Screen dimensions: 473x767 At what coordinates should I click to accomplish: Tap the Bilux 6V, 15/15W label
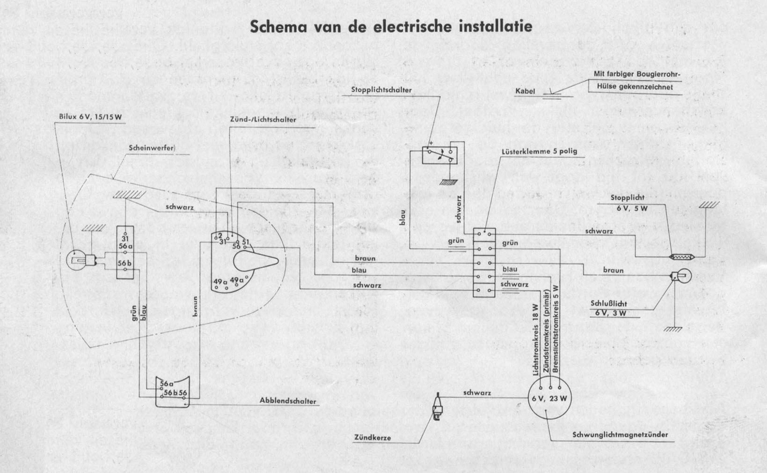tap(90, 117)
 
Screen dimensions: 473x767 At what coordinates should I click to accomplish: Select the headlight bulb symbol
tap(76, 258)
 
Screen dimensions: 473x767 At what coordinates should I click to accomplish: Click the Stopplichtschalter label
tap(383, 90)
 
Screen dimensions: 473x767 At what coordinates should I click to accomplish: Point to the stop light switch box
tap(438, 155)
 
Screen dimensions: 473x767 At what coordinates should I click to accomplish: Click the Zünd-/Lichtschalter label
tap(263, 120)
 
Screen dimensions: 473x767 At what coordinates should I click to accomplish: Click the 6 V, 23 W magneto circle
tap(549, 399)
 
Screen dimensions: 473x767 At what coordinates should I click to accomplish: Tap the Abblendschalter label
tap(288, 401)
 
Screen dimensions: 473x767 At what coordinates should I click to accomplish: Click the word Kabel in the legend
tap(525, 91)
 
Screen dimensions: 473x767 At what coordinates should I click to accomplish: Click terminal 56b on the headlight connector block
tap(125, 262)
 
